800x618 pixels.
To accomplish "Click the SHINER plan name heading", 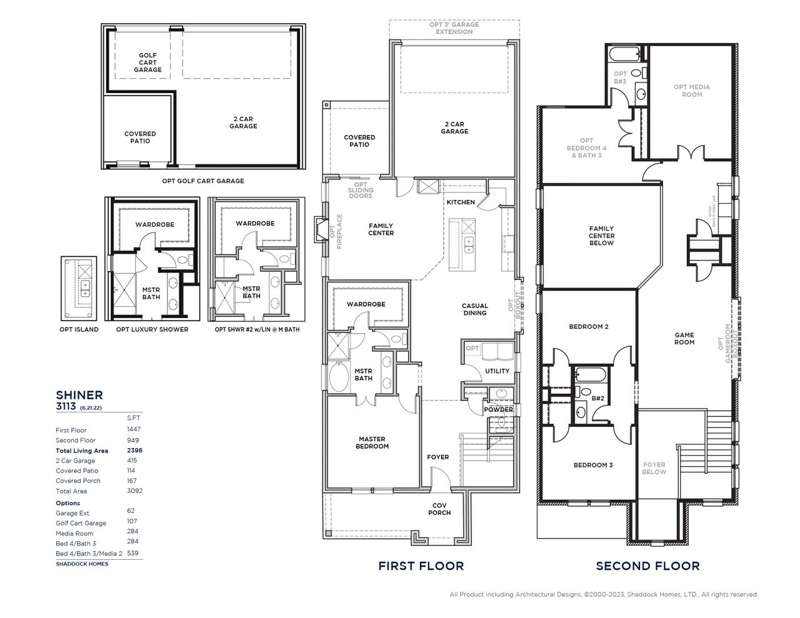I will tap(79, 395).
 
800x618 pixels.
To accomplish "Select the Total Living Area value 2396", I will tap(134, 451).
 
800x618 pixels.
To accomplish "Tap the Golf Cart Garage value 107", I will tap(132, 521).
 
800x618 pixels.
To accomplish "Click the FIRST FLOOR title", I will tap(421, 566).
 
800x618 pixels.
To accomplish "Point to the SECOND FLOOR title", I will tap(647, 566).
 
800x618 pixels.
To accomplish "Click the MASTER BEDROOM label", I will tap(372, 442).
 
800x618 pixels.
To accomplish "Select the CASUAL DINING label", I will tap(474, 309).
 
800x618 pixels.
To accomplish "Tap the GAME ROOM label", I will tap(684, 339).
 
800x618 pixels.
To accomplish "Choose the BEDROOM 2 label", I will tap(588, 327).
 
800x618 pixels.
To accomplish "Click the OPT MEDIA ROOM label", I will tap(691, 91).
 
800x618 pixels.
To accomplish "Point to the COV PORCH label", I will tap(439, 509).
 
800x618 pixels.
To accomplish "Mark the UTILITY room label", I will tap(497, 371).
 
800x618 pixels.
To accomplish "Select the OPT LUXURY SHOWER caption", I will tap(152, 329).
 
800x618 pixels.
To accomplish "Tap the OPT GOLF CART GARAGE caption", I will tap(202, 181).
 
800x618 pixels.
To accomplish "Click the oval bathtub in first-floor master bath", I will tap(341, 377).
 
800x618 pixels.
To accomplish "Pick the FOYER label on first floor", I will tap(437, 457).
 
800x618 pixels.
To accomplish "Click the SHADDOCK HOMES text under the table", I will tap(81, 564).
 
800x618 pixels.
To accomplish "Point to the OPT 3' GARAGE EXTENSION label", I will tap(454, 28).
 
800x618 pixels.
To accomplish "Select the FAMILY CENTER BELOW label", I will tap(601, 236).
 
